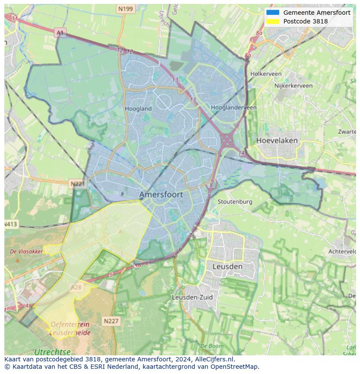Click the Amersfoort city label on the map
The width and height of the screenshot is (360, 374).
161,195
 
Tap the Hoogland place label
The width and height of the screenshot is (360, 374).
138,109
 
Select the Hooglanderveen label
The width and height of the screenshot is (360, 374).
233,107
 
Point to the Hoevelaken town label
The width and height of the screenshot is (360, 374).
277,140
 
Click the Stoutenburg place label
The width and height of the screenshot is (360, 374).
235,202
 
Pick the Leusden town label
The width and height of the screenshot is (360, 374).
227,266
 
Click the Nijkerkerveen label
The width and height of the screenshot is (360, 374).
293,86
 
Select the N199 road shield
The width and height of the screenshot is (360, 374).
125,9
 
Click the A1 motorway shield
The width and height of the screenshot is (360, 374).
60,33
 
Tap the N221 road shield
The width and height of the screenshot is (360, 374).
77,184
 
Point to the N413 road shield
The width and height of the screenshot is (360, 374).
10,224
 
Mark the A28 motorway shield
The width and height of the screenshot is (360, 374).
76,287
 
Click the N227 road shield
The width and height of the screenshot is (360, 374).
111,321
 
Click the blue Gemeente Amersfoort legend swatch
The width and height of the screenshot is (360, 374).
273,13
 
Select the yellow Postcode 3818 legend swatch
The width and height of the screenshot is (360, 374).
273,21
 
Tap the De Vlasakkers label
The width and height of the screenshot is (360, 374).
26,252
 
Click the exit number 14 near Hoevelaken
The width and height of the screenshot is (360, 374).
242,153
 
